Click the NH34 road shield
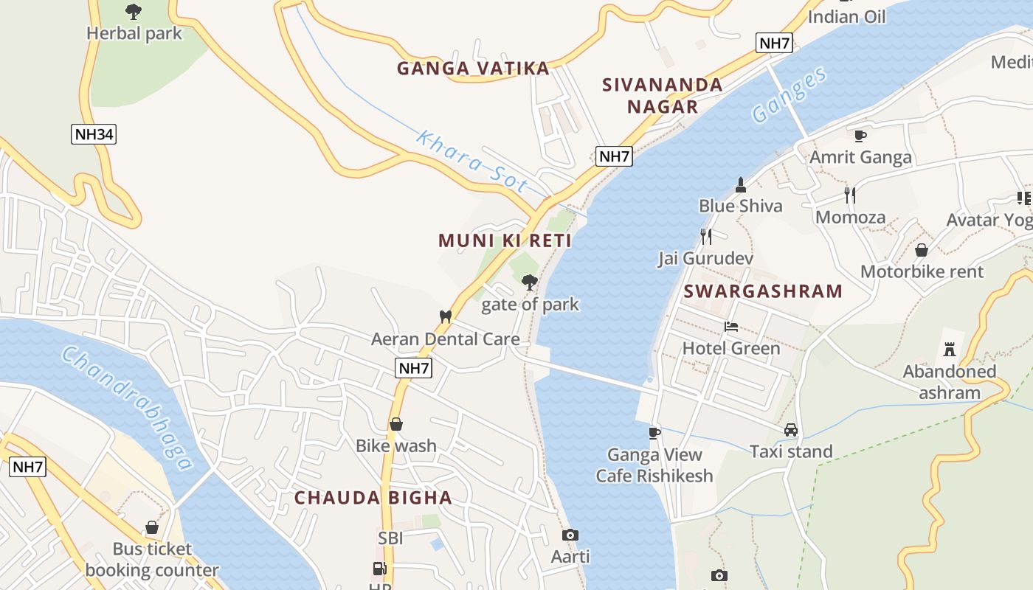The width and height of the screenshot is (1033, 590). [94, 134]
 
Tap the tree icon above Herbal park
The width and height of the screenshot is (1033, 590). [134, 12]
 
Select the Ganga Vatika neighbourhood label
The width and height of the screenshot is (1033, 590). [473, 69]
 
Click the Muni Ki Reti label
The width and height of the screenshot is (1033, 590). [505, 240]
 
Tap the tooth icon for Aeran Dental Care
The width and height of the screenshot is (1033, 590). [445, 316]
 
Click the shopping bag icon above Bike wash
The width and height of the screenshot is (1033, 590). [396, 424]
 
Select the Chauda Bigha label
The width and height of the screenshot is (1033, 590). [373, 498]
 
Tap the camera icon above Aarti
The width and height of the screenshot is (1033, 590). [570, 535]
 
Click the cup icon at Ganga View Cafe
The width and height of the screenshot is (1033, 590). [654, 433]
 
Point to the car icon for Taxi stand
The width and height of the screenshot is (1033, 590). [791, 429]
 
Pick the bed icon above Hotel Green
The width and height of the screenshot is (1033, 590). [731, 326]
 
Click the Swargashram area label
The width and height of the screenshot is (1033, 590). [763, 291]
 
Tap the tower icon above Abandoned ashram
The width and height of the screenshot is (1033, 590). [950, 349]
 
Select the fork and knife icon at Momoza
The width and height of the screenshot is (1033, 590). [850, 195]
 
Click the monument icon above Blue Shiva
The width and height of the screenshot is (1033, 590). [741, 184]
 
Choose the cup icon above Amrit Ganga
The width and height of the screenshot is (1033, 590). [860, 136]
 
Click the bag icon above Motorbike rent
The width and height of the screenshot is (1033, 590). [922, 250]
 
